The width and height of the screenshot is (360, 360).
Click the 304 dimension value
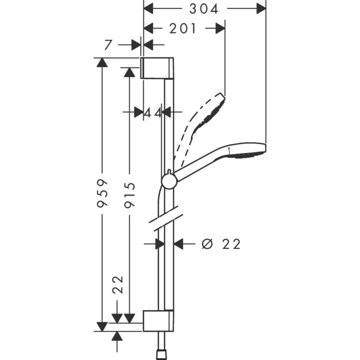(x=204, y=9)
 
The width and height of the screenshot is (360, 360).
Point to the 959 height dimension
(x=103, y=193)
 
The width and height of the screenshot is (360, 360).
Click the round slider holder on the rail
(x=169, y=181)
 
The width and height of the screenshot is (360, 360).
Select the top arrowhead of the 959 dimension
(x=103, y=63)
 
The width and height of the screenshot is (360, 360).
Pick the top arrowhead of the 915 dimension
(x=129, y=72)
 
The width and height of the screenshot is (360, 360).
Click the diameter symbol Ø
(x=206, y=244)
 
